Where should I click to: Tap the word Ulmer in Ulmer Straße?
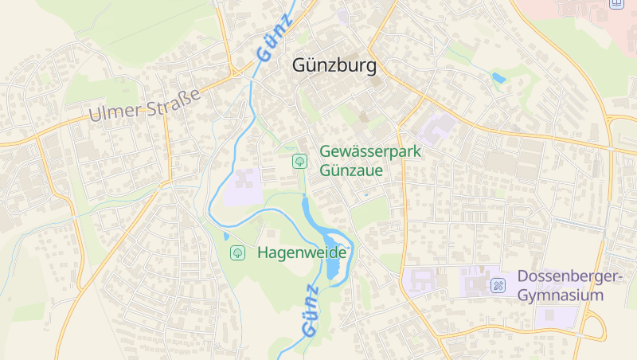(x=114, y=112)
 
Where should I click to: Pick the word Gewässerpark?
(x=370, y=151)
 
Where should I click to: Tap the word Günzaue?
(x=352, y=170)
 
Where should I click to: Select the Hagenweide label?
(x=302, y=252)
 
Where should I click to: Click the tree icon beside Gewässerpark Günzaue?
(x=300, y=161)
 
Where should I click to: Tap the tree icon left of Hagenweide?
(x=237, y=252)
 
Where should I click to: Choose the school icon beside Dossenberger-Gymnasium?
(x=498, y=284)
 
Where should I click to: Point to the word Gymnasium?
(x=561, y=295)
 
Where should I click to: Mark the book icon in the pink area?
(x=616, y=3)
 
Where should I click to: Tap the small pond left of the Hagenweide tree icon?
(x=226, y=236)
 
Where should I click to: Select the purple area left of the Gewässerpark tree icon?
(x=242, y=189)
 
